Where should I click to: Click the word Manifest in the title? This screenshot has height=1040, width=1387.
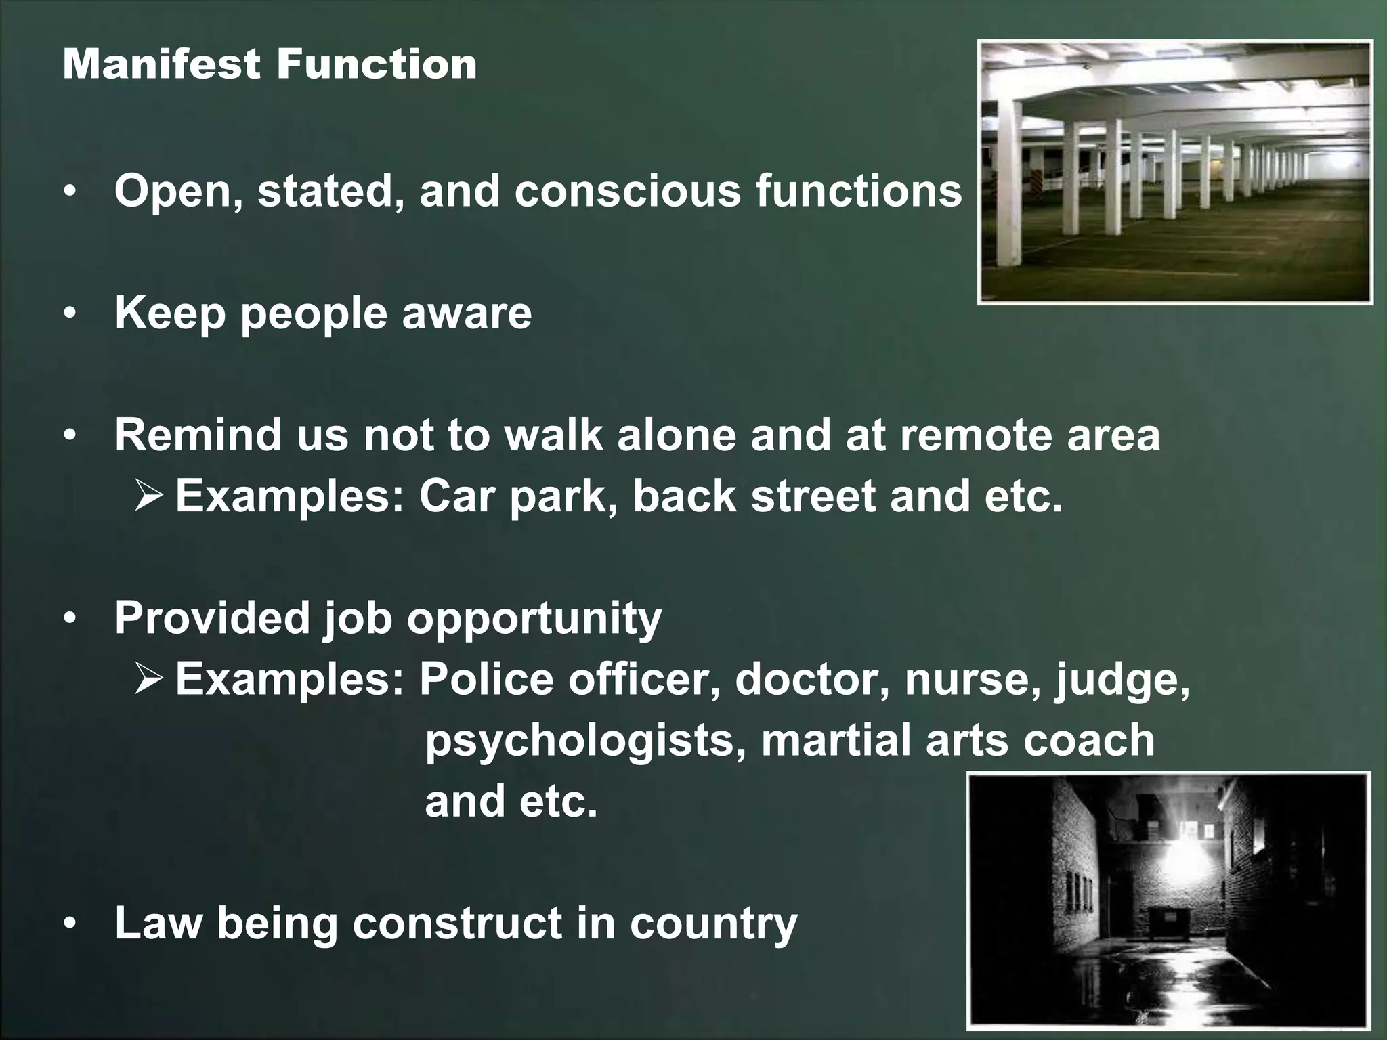[161, 64]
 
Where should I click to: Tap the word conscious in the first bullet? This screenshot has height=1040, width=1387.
[627, 191]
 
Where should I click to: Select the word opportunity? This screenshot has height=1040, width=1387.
[534, 619]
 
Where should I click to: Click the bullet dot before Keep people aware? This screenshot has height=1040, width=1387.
[70, 314]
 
